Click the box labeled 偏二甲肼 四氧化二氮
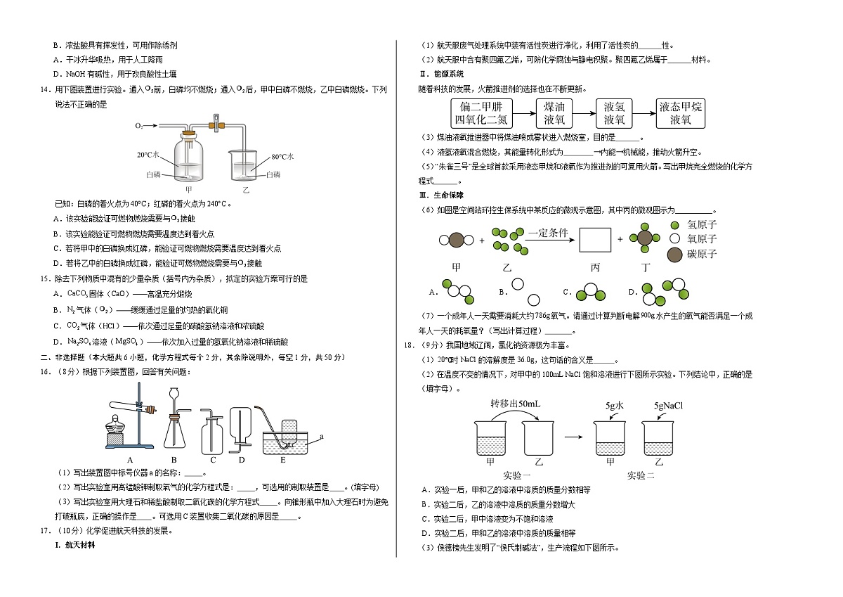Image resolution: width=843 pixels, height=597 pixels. pos(483,113)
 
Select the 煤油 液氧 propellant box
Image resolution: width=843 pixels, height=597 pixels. pos(554,113)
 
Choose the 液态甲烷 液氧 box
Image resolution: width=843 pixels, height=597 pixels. pos(681,113)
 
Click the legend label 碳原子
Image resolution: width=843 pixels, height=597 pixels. pos(701,254)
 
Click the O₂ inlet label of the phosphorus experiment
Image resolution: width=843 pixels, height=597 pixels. pos(140,125)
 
